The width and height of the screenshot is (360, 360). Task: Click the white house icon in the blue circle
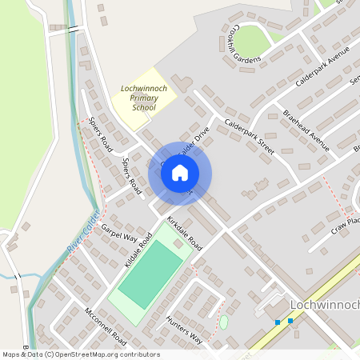(180, 173)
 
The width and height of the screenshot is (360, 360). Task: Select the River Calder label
(82, 238)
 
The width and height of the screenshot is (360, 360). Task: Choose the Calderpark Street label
(250, 137)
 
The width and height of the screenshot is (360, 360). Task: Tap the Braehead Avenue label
(306, 130)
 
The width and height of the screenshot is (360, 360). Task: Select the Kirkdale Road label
(184, 231)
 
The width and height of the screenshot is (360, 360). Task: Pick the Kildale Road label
(138, 250)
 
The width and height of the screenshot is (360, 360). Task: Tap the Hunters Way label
(184, 330)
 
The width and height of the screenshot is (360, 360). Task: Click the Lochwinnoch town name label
(323, 305)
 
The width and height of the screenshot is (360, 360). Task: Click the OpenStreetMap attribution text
(80, 354)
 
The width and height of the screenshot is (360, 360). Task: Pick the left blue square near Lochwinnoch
(278, 322)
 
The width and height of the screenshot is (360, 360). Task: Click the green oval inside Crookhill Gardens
(253, 40)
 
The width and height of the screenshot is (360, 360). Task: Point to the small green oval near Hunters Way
(223, 322)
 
